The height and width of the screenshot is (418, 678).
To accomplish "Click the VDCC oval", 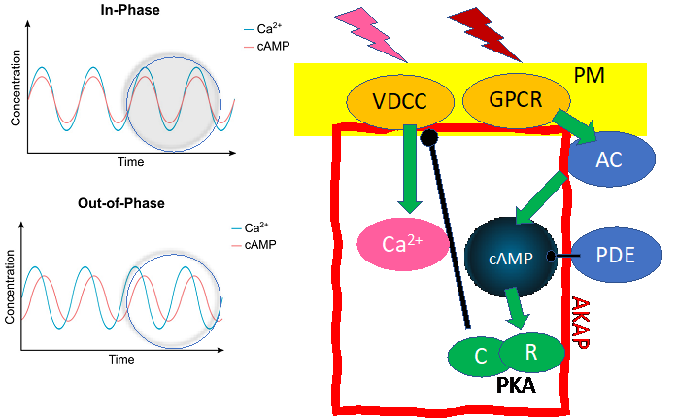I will coord(400,100).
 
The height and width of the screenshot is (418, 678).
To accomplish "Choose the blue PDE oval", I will coord(615,257).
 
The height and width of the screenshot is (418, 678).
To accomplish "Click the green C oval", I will coord(480,356).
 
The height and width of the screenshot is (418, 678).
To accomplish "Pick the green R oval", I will coord(531,352).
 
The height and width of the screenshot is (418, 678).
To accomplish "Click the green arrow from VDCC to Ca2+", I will coord(409,170).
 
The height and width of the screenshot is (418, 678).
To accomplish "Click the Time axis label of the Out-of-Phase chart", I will coord(120,359).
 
